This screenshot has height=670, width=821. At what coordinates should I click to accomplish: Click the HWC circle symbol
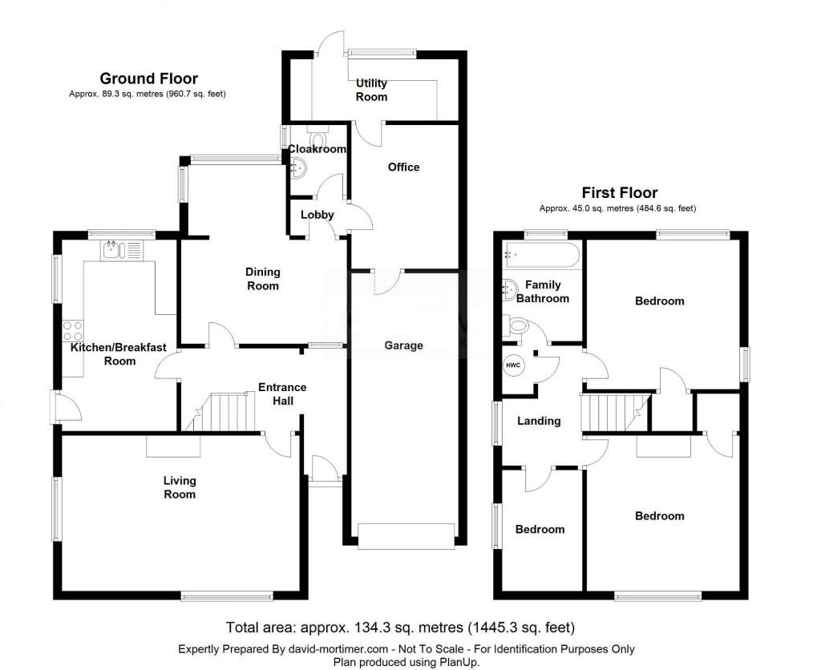click(513, 365)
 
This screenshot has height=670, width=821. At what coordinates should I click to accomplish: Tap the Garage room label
click(403, 345)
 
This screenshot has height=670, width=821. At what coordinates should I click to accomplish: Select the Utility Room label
click(371, 90)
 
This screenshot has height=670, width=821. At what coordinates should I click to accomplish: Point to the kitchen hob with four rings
click(72, 331)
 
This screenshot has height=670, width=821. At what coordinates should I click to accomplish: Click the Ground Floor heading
click(148, 79)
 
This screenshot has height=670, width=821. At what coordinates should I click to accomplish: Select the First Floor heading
click(619, 193)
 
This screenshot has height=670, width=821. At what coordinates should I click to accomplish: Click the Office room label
click(403, 167)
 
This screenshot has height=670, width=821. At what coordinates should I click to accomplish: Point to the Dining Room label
click(262, 279)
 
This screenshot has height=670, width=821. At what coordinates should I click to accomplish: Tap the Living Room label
click(180, 487)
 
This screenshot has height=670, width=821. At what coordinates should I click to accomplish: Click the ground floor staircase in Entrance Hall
click(224, 412)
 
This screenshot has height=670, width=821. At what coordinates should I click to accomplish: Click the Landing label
click(539, 421)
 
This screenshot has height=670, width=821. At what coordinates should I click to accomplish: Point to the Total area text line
click(400, 628)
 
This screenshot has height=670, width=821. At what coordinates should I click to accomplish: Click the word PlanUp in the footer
click(459, 661)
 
